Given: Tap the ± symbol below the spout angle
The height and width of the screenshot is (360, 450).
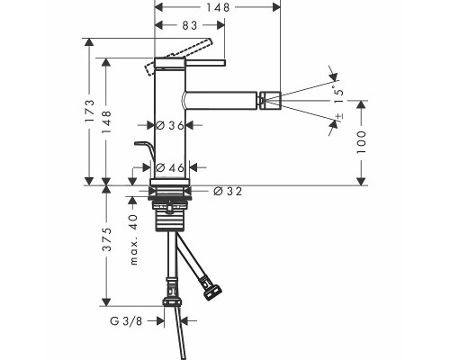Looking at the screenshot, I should (x=339, y=115).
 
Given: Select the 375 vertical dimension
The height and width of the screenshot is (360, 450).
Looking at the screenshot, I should (x=109, y=247).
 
